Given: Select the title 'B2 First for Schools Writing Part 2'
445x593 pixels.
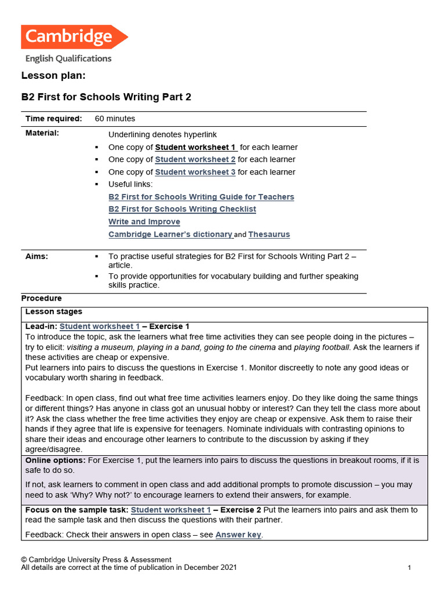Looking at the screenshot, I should click(106, 97).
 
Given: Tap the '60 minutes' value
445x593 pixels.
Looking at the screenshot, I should click(115, 119).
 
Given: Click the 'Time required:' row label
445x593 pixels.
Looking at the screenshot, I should click(53, 119).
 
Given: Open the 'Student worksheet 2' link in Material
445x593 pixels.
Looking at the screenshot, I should click(195, 159).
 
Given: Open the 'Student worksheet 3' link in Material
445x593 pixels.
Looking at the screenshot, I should click(195, 172).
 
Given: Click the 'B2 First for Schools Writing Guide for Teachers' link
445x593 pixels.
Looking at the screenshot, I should click(201, 197).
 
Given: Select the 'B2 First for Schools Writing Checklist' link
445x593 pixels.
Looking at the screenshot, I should click(182, 209).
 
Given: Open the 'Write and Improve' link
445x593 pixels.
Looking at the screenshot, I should click(144, 222).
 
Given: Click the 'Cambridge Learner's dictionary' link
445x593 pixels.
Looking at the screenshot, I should click(170, 235).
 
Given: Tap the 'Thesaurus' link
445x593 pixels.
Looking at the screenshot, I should click(269, 235).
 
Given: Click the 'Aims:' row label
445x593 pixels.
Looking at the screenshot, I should click(37, 257).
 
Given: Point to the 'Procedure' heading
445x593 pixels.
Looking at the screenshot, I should click(41, 298).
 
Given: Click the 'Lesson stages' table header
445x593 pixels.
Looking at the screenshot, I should click(54, 312).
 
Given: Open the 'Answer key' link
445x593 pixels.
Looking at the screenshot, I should click(238, 535).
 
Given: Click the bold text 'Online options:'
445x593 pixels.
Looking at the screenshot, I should click(56, 460).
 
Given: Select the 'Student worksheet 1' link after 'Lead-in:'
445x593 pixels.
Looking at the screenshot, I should click(100, 327).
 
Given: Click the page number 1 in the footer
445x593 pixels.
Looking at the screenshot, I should click(409, 568).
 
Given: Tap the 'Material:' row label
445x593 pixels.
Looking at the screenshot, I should click(42, 133).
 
